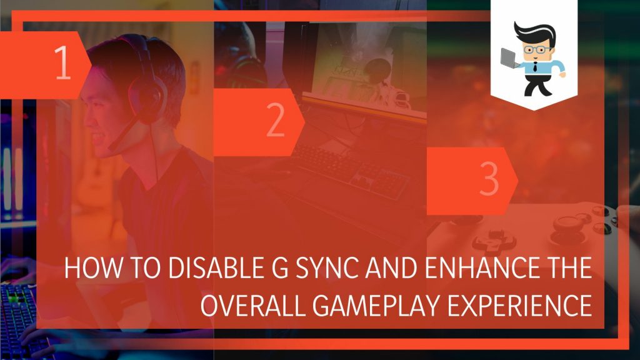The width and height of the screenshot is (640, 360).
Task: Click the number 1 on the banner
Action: click(63, 65)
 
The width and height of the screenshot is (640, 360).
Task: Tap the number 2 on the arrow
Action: click(275, 122)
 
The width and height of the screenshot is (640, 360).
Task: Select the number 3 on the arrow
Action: click(489, 180)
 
